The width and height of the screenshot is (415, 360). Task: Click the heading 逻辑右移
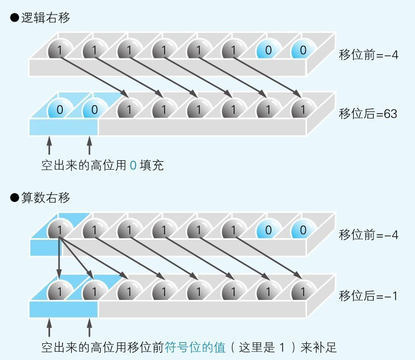46,18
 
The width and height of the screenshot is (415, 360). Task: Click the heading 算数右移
46,197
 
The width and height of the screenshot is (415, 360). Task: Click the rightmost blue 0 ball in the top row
302,50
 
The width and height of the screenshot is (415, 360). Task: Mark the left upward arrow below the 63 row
49,146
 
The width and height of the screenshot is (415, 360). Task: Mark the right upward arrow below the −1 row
90,327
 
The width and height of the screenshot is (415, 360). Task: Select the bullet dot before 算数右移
14,197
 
